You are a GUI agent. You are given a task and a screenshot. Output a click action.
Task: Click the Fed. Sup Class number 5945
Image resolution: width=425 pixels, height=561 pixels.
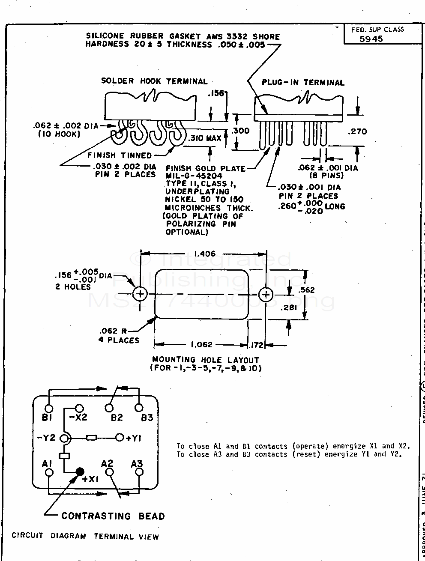pyautogui.click(x=371, y=39)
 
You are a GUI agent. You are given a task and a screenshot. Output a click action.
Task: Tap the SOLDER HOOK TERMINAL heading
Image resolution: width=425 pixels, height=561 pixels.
pyautogui.click(x=154, y=81)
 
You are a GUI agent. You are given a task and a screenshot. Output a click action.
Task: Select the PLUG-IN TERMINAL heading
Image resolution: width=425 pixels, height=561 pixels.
pyautogui.click(x=303, y=83)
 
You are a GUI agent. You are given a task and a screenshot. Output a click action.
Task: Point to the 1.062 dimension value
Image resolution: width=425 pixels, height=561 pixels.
pyautogui.click(x=201, y=345)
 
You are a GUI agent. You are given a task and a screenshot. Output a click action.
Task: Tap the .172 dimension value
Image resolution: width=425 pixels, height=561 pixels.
pyautogui.click(x=257, y=345)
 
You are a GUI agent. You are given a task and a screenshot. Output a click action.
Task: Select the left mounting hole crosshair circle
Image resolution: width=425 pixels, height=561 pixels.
pyautogui.click(x=140, y=294)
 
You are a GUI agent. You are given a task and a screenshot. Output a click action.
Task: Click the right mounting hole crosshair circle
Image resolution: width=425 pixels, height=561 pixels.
pyautogui.click(x=266, y=294)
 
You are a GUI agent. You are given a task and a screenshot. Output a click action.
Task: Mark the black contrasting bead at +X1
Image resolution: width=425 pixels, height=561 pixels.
pyautogui.click(x=80, y=472)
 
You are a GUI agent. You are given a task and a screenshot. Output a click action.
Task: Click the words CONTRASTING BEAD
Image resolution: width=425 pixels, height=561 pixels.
pyautogui.click(x=113, y=516)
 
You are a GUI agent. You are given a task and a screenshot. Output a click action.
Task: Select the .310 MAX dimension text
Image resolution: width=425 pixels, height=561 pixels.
pyautogui.click(x=205, y=138)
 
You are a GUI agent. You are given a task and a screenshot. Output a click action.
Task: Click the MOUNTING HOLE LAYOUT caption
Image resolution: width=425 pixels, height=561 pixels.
pyautogui.click(x=205, y=360)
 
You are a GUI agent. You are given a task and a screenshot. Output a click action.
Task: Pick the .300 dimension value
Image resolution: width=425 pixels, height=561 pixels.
pyautogui.click(x=240, y=131)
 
